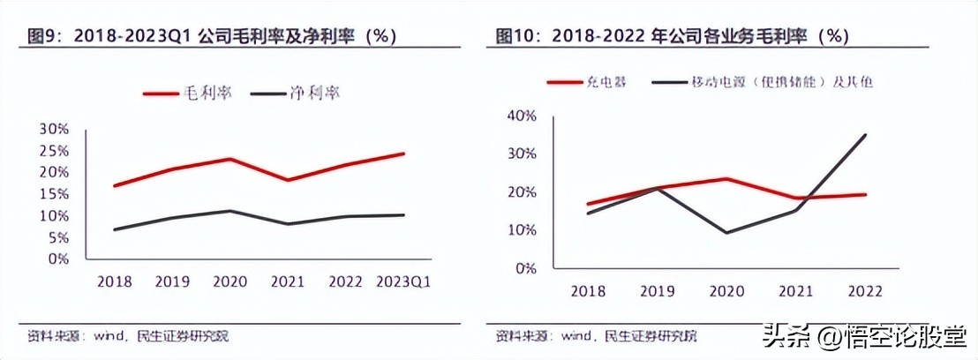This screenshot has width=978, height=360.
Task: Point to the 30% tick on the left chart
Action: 54,129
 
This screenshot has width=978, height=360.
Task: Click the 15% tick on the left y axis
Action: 54,194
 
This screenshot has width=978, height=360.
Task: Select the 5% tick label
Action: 57,237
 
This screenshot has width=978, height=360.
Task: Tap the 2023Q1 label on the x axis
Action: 404,281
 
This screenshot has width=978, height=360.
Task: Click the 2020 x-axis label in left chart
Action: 229,281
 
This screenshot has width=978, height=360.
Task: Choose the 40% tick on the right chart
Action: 521,116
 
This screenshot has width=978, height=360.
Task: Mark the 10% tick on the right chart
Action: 521,230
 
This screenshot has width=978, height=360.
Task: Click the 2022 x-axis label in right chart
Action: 864,291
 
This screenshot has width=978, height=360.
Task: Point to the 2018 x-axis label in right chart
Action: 589,291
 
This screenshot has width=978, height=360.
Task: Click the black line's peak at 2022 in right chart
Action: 865,135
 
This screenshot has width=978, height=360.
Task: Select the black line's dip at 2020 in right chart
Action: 726,233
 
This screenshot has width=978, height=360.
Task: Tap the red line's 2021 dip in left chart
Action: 288,180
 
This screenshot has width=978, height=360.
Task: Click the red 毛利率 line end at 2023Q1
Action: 404,154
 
